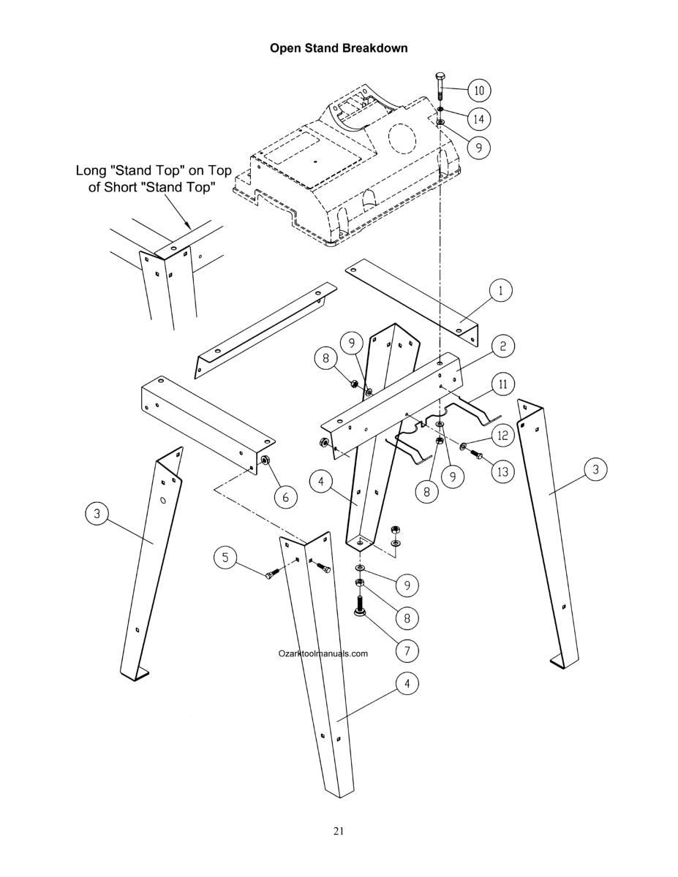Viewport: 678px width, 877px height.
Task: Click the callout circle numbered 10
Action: [x=479, y=90]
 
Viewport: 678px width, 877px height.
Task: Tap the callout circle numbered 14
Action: [x=479, y=119]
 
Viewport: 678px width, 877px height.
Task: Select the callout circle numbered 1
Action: [x=501, y=291]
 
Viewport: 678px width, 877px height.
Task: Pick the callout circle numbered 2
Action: [x=502, y=346]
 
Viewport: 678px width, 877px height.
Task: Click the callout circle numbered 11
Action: [x=502, y=384]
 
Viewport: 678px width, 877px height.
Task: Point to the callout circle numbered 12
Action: [x=502, y=436]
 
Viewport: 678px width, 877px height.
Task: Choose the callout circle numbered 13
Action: [x=502, y=471]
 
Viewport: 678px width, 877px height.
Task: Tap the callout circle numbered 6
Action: [x=285, y=497]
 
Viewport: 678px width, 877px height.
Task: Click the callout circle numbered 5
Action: [x=225, y=558]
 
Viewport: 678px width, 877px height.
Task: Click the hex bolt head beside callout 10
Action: [x=440, y=77]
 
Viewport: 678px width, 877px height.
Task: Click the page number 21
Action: [x=339, y=830]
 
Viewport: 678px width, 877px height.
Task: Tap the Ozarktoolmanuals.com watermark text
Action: [x=323, y=653]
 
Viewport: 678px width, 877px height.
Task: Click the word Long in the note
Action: [x=91, y=171]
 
